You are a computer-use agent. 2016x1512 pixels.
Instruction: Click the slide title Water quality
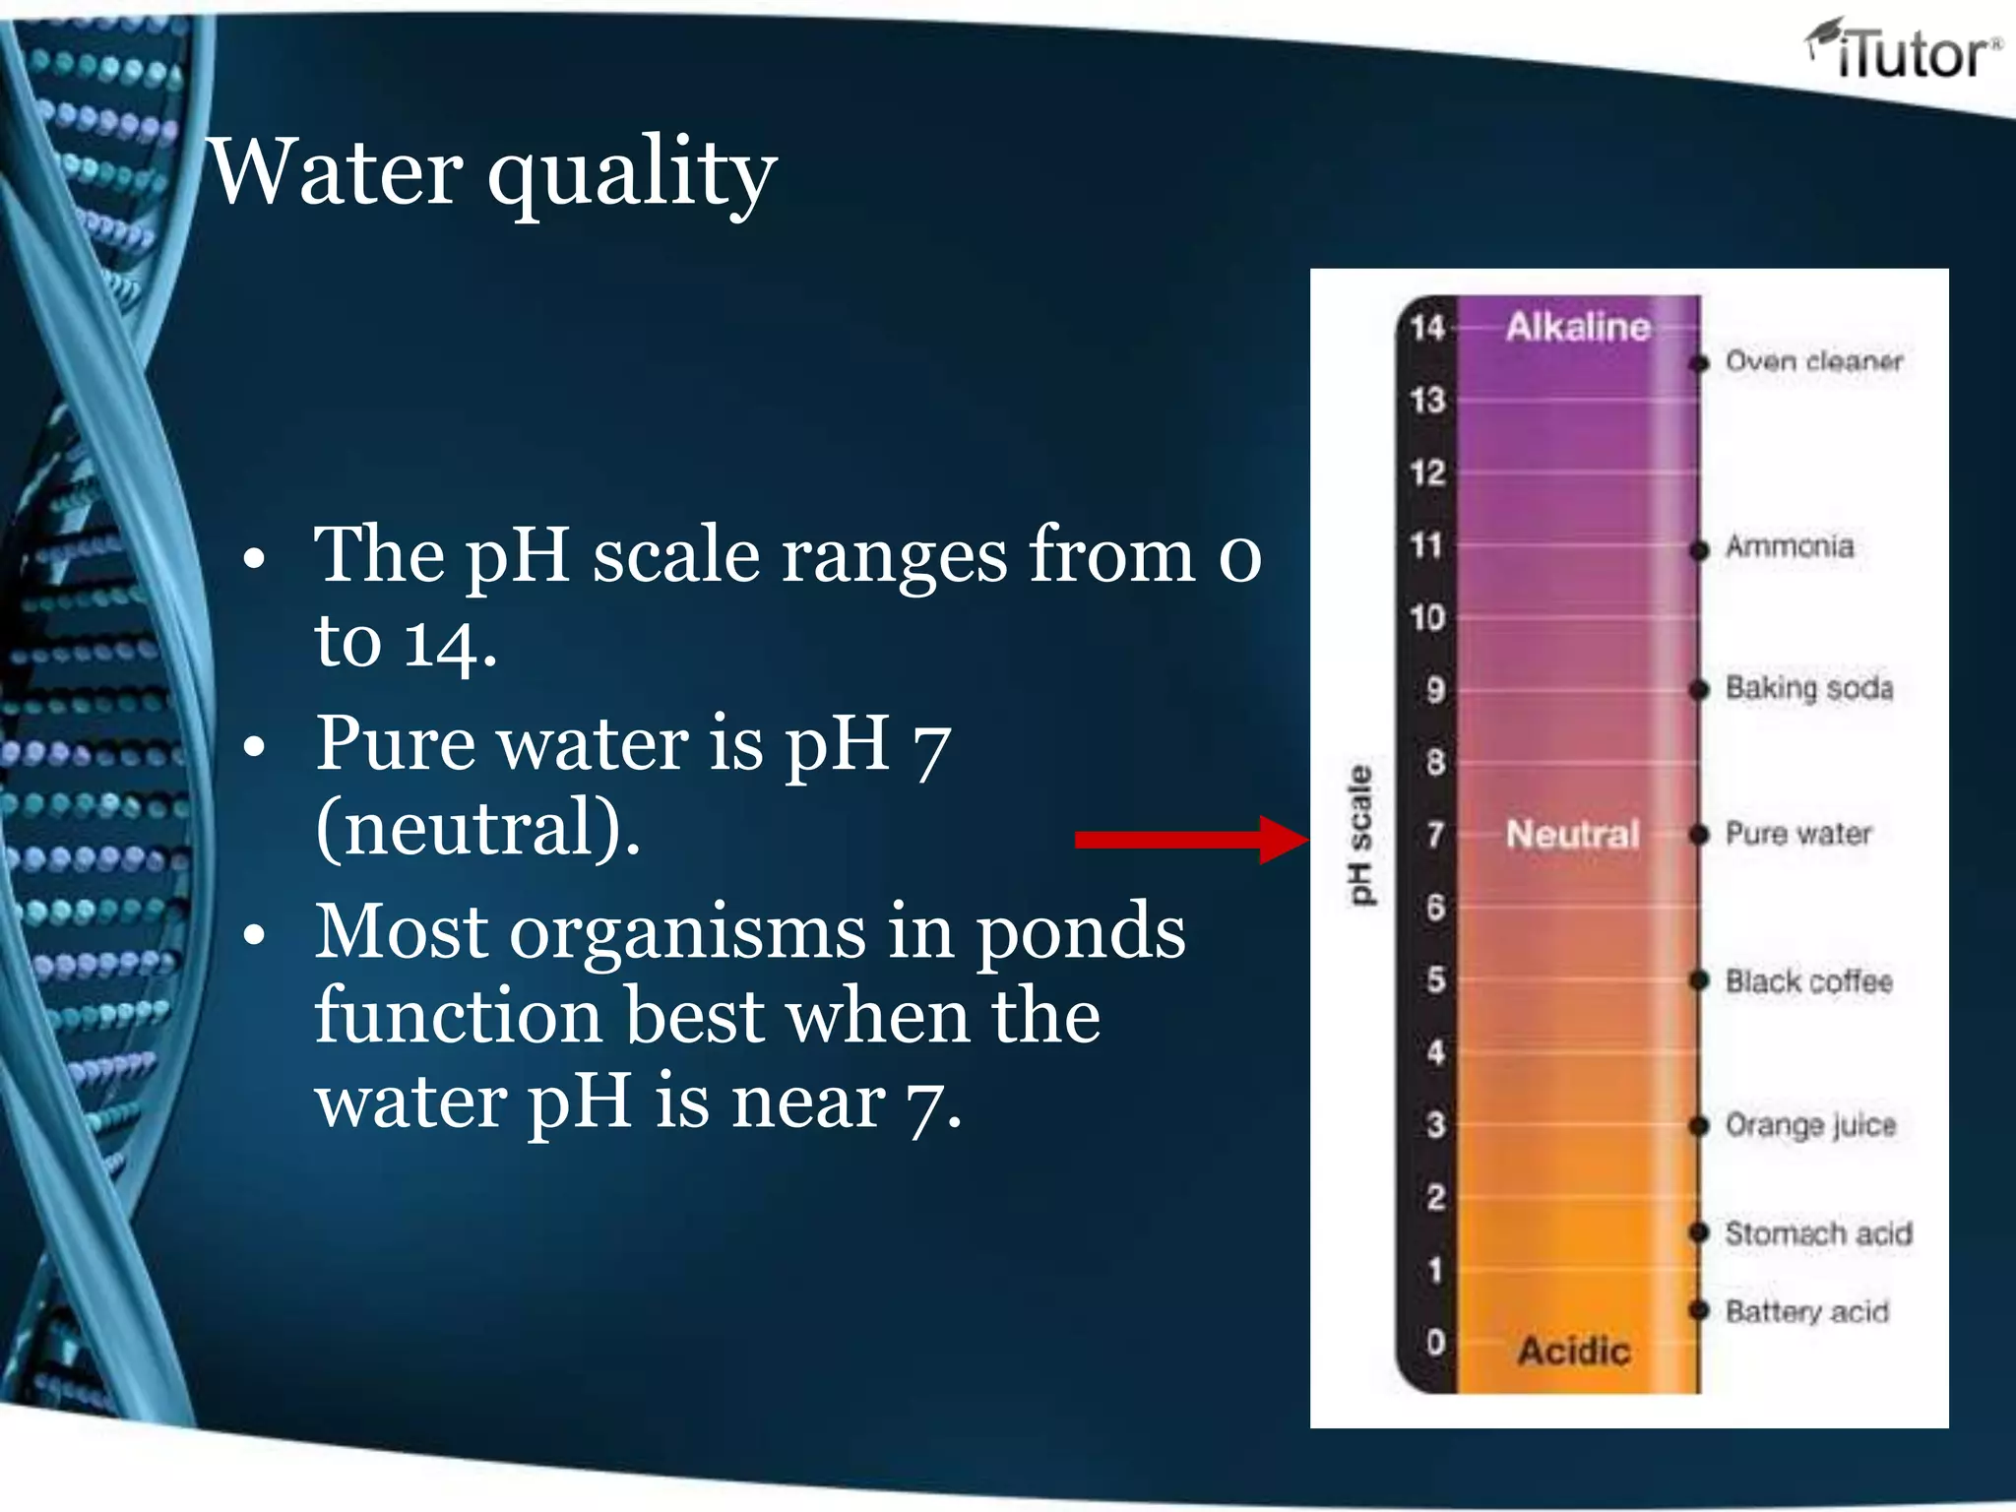492,172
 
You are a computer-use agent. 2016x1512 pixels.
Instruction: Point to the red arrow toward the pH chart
1191,839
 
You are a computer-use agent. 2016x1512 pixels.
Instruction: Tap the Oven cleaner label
1813,361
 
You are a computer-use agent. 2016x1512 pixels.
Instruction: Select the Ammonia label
1789,546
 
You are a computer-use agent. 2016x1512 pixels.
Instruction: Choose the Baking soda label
1808,688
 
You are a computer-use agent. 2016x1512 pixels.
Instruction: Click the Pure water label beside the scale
1797,834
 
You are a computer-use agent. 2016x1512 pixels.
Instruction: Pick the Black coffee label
1808,981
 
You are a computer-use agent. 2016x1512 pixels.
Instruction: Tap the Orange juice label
1809,1125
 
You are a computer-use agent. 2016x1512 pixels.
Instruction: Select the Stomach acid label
1817,1232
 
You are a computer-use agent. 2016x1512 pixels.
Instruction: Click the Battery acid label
1806,1311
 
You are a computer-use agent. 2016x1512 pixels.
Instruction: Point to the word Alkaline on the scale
1577,327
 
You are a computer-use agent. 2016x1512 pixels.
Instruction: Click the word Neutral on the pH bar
1572,835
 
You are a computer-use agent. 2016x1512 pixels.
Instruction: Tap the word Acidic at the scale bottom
1573,1351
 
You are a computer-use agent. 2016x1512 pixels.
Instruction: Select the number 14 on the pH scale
1426,327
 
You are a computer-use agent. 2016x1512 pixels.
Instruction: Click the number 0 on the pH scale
1435,1342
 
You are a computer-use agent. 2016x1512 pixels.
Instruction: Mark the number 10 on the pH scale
1426,617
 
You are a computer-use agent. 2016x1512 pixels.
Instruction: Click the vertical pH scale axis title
1358,835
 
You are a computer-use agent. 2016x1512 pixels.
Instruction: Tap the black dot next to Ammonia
1699,549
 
